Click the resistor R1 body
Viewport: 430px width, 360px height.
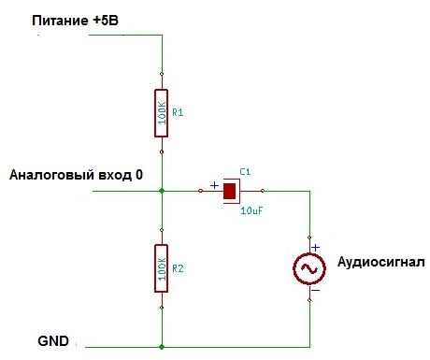coord(162,112)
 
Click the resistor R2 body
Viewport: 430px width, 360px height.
coord(162,268)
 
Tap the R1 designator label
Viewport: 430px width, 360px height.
coord(179,112)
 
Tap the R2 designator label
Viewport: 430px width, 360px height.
coord(179,268)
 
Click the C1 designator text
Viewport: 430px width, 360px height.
coord(245,172)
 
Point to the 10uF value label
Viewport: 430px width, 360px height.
coord(251,211)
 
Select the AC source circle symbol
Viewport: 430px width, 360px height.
coord(308,269)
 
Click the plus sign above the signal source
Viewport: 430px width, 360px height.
coord(315,248)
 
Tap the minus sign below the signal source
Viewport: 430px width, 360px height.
coord(315,290)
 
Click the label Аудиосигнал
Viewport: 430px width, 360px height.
coord(380,261)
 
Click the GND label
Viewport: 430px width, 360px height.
coord(52,341)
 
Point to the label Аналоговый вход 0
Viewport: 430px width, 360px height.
coord(76,175)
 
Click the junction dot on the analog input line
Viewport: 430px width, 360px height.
coord(162,191)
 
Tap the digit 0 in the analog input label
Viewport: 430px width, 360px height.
coord(139,175)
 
